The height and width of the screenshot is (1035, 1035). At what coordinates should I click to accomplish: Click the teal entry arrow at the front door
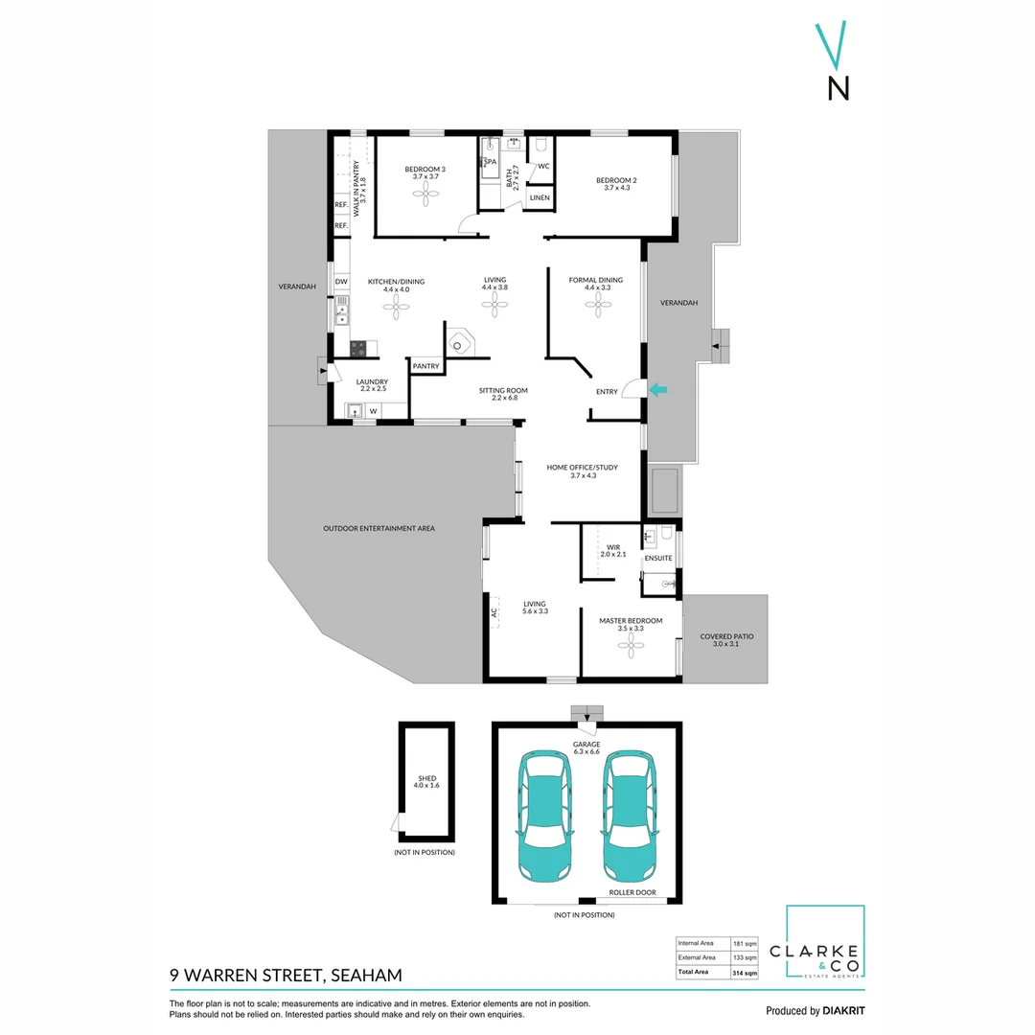click(x=658, y=390)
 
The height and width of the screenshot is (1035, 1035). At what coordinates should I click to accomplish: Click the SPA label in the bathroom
click(x=490, y=164)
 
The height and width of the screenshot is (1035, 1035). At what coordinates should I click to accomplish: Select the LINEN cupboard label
click(x=540, y=198)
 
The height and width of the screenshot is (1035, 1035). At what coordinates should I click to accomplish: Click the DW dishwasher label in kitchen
click(x=341, y=282)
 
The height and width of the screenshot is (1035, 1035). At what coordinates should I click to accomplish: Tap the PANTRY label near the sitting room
click(x=425, y=366)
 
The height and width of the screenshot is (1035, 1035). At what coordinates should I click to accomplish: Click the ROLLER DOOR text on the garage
click(x=632, y=892)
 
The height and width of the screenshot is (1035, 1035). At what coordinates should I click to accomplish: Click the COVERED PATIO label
click(x=724, y=636)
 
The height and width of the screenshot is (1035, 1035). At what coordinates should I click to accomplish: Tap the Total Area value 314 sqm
click(x=745, y=973)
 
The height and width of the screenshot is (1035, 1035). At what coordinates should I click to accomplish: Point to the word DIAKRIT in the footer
click(x=844, y=1010)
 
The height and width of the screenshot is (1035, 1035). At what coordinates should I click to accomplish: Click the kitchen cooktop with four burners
click(x=358, y=348)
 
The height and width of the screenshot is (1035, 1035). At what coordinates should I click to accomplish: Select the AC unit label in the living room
click(x=494, y=610)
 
